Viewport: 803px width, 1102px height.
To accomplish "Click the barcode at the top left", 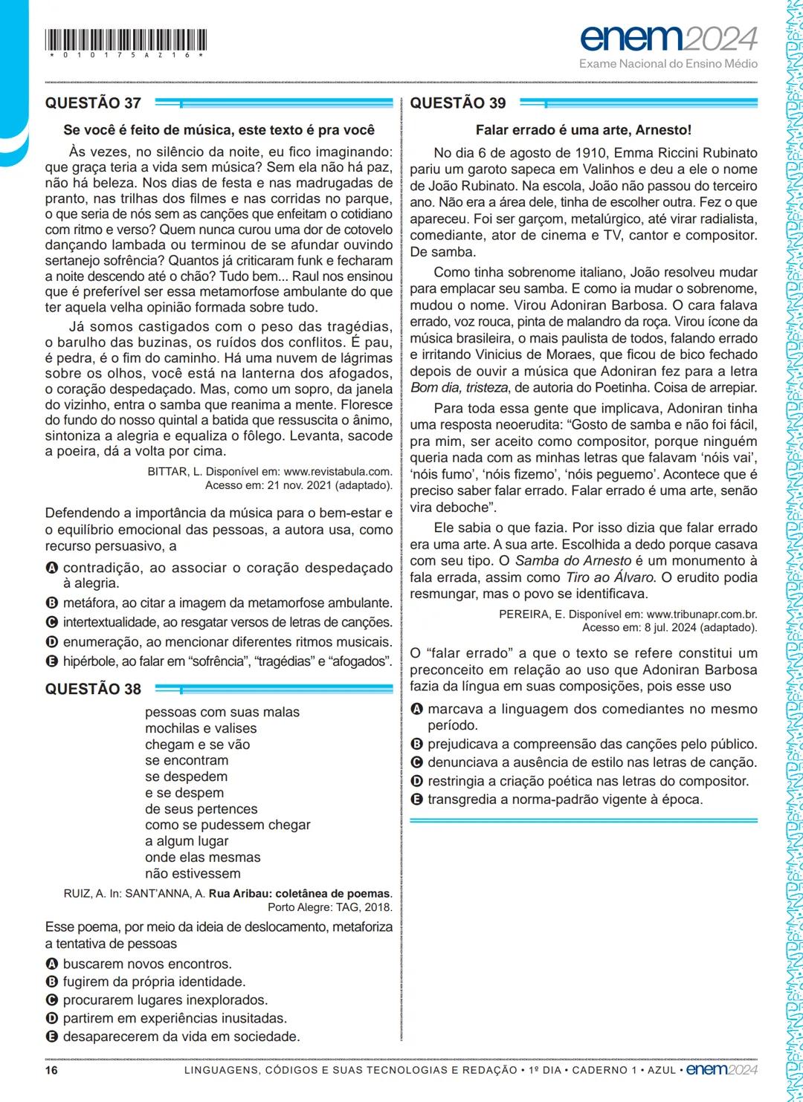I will click(126, 41).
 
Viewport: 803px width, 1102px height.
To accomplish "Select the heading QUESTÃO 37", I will click(93, 103).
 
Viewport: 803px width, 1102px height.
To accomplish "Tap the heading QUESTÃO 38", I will click(93, 689).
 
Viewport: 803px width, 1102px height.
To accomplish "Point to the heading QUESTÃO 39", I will click(457, 103).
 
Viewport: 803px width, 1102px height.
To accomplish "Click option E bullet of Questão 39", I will click(417, 800).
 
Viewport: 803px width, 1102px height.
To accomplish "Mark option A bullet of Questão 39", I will click(417, 710).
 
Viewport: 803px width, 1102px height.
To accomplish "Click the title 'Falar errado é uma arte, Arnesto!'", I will click(583, 130).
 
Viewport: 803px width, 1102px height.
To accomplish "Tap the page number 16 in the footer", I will click(51, 1070).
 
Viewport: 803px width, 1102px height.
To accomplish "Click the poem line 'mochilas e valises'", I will click(201, 728).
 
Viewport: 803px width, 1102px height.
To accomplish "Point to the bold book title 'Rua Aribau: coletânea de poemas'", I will click(299, 894).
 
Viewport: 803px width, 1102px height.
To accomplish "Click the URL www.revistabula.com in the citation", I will click(338, 472).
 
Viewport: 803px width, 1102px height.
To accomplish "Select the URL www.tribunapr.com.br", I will click(702, 615).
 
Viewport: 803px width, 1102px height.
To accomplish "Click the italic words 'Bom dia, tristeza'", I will click(459, 388).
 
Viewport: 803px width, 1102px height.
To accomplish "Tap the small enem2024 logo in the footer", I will click(721, 1070).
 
